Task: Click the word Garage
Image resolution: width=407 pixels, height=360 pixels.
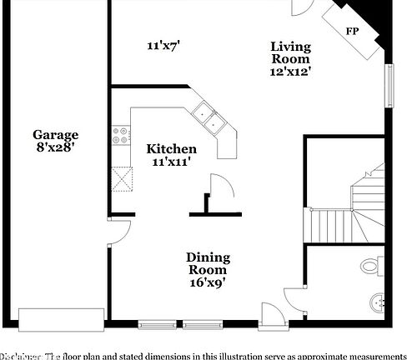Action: pos(56,134)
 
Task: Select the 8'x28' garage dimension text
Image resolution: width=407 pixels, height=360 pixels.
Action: pos(56,147)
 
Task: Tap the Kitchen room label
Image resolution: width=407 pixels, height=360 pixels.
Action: pos(172,148)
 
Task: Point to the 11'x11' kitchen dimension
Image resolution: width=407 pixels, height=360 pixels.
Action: pos(172,162)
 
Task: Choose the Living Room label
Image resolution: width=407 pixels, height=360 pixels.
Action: pos(290,52)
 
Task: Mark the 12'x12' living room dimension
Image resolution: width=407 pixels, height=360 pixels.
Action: pos(290,72)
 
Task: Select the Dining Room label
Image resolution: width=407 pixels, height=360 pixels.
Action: pos(208,263)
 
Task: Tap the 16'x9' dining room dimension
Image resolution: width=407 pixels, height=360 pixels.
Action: pos(208,282)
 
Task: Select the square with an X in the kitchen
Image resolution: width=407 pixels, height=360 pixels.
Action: pos(123,178)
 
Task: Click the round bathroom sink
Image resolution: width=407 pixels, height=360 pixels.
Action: pos(379,301)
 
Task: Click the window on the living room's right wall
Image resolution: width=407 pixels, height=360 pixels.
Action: pos(389,86)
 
